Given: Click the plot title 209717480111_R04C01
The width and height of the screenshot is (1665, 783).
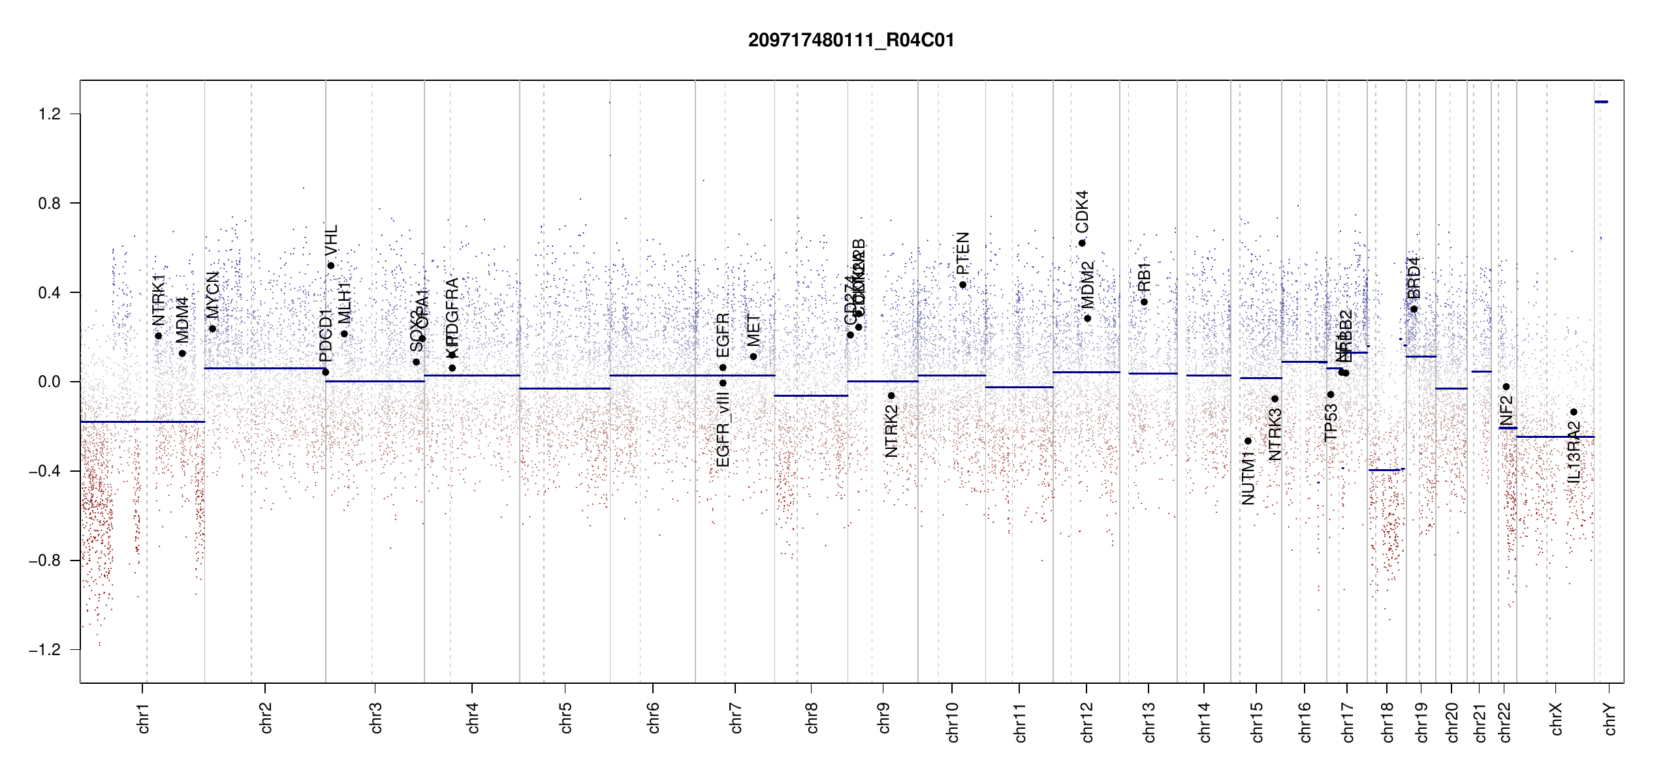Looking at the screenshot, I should click(x=851, y=40).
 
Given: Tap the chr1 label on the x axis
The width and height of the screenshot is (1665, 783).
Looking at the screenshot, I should click(x=144, y=718).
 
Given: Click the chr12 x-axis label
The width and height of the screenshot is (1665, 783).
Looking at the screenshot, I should click(x=1087, y=722).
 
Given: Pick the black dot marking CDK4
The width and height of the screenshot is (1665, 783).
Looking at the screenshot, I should click(x=1082, y=243).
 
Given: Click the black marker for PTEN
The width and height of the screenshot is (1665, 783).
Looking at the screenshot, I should click(x=962, y=284).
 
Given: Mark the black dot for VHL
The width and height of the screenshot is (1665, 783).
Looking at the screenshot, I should click(x=331, y=266).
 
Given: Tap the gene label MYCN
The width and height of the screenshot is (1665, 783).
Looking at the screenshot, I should click(x=213, y=295).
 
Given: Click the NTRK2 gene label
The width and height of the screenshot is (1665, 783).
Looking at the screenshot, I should click(x=891, y=431).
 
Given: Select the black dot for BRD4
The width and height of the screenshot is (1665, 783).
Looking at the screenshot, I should click(x=1414, y=309).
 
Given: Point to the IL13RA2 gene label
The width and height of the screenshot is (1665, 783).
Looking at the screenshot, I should click(x=1574, y=452).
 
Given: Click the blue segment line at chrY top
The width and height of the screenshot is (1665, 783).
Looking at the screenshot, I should click(x=1601, y=102).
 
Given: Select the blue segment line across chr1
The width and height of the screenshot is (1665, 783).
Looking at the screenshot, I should click(x=142, y=422).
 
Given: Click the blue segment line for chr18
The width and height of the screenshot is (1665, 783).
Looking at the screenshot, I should click(x=1386, y=470).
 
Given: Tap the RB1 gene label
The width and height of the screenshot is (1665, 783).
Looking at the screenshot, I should click(x=1144, y=277).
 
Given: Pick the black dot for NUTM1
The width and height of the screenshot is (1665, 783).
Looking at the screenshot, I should click(x=1248, y=441).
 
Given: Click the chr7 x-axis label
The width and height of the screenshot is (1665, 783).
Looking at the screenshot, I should click(x=736, y=718).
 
